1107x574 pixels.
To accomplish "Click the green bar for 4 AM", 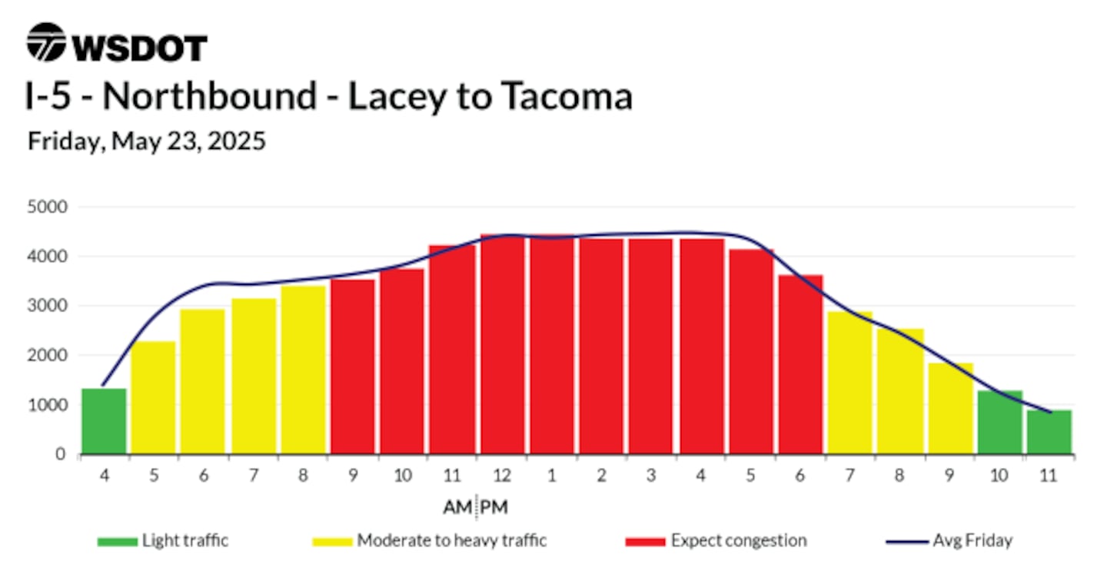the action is tap(104, 421).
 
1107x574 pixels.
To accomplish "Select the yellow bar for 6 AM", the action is tap(203, 381).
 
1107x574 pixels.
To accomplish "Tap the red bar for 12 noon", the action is tap(502, 343).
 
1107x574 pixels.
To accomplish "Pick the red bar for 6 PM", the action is tap(800, 364).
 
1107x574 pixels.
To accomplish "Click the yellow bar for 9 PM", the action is tap(950, 409).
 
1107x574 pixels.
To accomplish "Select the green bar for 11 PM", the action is tap(1049, 432).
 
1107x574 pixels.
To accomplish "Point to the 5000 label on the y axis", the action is tap(47, 207).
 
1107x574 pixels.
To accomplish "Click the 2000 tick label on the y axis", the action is tap(47, 355).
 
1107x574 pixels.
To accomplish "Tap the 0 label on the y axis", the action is tap(60, 454).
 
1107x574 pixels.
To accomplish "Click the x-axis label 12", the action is tap(501, 475).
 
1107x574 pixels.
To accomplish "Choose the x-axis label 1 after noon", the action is tap(551, 475).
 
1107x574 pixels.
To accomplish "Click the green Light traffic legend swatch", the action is tap(117, 542).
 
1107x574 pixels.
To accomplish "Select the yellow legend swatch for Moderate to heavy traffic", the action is tap(332, 542).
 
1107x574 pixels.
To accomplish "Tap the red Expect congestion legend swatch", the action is tap(645, 542).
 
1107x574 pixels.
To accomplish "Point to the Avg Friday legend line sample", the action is tap(907, 542).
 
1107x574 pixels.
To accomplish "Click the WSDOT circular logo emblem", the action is tap(46, 42).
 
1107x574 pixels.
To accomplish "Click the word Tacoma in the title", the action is tap(567, 96).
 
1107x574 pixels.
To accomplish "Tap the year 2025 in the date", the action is tap(237, 141).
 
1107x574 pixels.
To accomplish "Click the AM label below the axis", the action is tap(457, 507).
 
